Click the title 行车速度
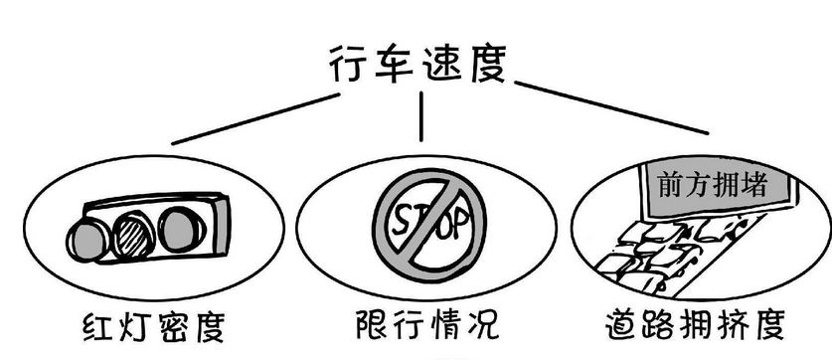click(x=417, y=65)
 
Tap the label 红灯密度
click(x=152, y=326)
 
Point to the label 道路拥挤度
click(x=697, y=326)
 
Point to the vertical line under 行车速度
click(x=421, y=116)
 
